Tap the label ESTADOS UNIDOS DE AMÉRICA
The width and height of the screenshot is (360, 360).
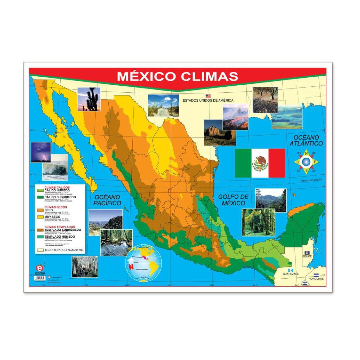[x=208, y=100]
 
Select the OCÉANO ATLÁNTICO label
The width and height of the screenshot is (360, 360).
[x=306, y=140]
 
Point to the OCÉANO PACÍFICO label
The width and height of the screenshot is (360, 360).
[x=107, y=200]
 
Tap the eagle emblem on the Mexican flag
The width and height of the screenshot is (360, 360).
[x=260, y=163]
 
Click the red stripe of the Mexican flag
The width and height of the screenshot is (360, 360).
[x=277, y=163]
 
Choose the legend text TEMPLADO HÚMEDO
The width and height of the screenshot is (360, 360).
[x=60, y=237]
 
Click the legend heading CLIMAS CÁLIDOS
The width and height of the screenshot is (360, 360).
[x=57, y=187]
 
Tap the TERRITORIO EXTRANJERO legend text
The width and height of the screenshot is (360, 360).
[x=64, y=250]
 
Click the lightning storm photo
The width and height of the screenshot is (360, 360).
[x=41, y=152]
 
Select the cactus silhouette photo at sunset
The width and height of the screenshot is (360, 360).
[x=89, y=99]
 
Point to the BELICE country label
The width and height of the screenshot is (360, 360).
[x=307, y=256]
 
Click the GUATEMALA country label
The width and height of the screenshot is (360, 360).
[x=290, y=274]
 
